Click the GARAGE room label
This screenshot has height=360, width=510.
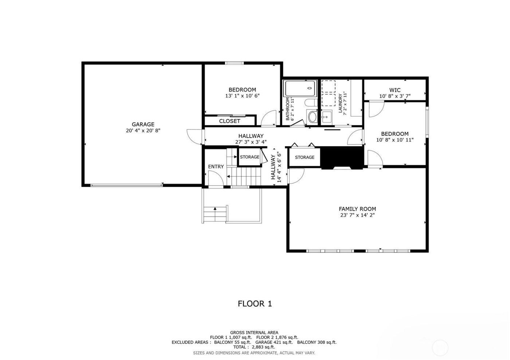coord(143,124)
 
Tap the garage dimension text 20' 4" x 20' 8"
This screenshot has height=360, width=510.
coord(143,130)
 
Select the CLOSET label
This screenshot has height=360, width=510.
coord(229,121)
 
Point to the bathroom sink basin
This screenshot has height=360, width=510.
coord(313,117)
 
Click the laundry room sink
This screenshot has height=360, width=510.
coord(326,117)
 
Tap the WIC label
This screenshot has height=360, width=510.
coord(395,90)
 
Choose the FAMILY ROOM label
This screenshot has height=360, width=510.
coord(357,209)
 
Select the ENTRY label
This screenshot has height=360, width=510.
coord(216,166)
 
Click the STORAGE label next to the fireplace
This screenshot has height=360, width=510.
coord(305,157)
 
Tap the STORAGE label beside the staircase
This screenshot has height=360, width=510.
coord(250,157)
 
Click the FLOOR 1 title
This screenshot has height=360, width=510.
coord(255,303)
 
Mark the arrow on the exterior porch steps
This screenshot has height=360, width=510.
coord(215,209)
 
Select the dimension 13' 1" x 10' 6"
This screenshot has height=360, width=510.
coord(242,96)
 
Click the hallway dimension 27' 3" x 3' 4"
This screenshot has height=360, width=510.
coord(251,142)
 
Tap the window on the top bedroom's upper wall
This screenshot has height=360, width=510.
coord(234,63)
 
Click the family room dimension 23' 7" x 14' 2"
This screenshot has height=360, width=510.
coord(357,215)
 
